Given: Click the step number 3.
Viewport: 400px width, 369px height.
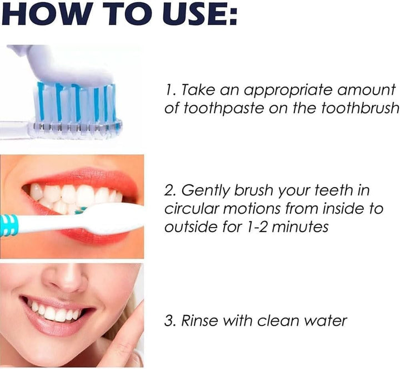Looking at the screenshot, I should (x=169, y=321).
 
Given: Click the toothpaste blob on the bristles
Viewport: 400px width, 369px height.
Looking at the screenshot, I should (x=72, y=70).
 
